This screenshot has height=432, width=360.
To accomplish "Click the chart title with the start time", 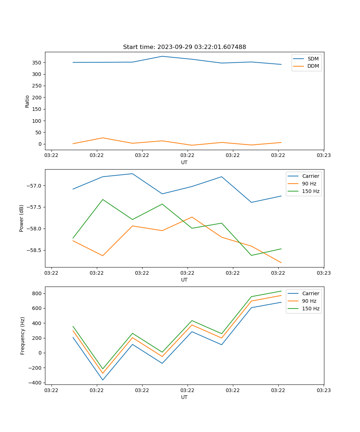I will point(184,47).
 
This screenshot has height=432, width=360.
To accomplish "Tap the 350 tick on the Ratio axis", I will point(37,63).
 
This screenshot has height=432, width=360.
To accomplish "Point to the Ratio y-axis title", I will point(27,101).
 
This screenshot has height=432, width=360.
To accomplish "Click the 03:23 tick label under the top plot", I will point(323,156).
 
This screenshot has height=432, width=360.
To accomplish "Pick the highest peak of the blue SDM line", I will point(162,56).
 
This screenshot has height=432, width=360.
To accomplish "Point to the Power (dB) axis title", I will point(22,218).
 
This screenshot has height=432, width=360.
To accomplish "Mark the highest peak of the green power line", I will point(103,199).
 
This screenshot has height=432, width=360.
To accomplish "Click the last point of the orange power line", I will point(281,263).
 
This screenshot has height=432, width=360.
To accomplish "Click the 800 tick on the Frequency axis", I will point(37,293).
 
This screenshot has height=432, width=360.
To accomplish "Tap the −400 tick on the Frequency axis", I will point(36,383).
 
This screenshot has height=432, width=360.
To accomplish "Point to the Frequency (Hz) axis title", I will point(23,336).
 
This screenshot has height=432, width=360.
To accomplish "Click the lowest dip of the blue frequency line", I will point(103,380).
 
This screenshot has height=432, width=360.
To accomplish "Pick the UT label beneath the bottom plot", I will point(184,397).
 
